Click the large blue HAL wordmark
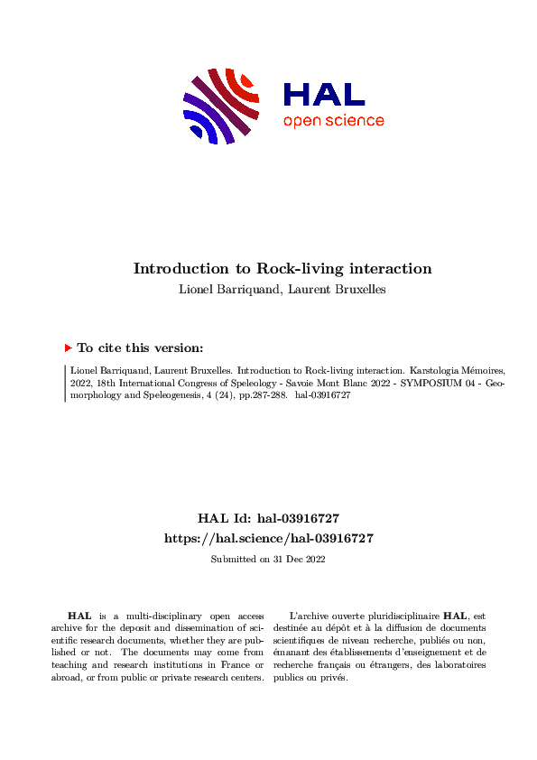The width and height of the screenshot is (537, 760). (324, 94)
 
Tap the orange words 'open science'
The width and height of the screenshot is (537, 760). (333, 121)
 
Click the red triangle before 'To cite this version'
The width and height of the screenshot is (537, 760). (68, 348)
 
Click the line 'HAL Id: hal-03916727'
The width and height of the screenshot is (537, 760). (268, 518)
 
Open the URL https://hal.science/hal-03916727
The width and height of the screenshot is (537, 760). (268, 537)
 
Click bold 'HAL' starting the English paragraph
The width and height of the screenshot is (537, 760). (79, 615)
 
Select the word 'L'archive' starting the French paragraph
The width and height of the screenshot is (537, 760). (304, 615)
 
